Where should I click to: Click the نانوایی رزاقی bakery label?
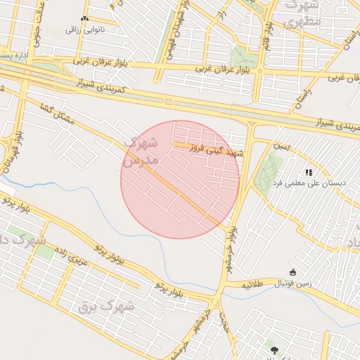pos(84,30)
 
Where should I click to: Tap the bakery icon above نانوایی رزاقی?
pos(85,19)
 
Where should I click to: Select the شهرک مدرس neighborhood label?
pos(141,151)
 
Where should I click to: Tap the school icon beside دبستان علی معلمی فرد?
pos(308,172)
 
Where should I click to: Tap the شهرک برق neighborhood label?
pos(106,306)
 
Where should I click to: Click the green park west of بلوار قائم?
pos(244,56)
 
